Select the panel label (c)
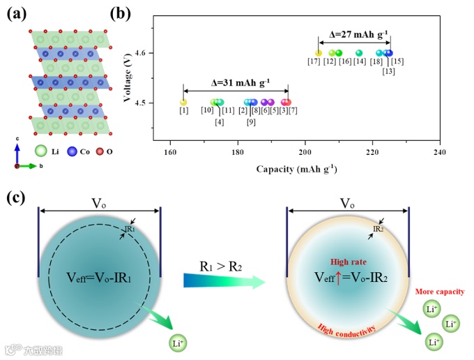(x=17, y=197)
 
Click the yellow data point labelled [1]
(x=183, y=103)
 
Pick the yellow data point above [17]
(x=319, y=53)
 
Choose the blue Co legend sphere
(x=72, y=149)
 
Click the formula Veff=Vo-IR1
(x=100, y=276)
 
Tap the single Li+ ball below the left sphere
(x=178, y=343)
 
